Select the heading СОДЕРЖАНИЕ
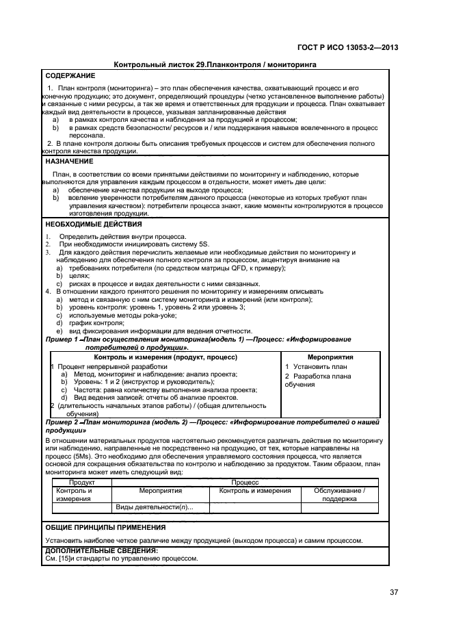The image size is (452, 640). click(x=70, y=75)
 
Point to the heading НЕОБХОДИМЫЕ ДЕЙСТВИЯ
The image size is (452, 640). click(x=94, y=224)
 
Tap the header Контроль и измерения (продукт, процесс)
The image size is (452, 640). click(x=165, y=357)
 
